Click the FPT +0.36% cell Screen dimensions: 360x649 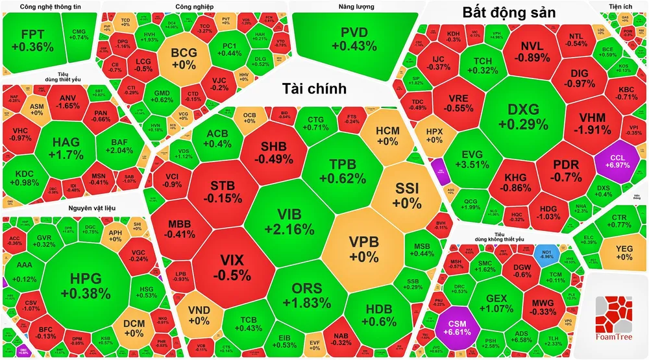(32, 40)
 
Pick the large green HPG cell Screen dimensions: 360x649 (86, 286)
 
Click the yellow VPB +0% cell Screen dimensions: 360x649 (363, 248)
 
